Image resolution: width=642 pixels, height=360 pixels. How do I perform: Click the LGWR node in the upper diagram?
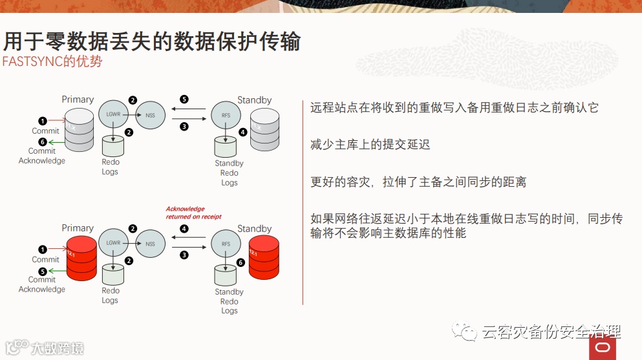click(114, 115)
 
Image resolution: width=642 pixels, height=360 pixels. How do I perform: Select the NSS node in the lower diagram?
click(150, 244)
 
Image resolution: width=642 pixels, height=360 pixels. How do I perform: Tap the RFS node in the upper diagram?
click(226, 116)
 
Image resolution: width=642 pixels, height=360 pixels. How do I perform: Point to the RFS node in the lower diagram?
click(226, 244)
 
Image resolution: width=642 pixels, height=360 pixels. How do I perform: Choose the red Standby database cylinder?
click(264, 257)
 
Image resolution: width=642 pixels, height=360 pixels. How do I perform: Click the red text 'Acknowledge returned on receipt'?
click(193, 213)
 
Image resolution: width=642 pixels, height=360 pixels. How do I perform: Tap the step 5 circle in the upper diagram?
click(184, 100)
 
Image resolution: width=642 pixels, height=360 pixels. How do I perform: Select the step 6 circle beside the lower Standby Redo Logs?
click(241, 262)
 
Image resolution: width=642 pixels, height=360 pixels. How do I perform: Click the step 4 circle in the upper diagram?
click(242, 132)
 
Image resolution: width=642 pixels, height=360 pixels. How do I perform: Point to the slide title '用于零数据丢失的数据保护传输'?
click(152, 42)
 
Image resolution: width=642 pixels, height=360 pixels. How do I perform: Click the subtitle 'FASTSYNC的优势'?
click(52, 62)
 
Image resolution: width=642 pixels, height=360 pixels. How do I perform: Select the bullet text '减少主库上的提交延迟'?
click(370, 145)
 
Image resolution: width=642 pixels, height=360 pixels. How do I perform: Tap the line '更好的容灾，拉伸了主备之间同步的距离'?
click(418, 182)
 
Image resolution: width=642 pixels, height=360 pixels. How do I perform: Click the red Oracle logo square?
click(602, 347)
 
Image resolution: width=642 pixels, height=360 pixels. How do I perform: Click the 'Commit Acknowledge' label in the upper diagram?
click(42, 156)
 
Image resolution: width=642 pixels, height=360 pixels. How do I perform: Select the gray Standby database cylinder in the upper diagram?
click(264, 129)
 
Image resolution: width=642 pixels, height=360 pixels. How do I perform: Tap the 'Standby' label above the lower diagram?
click(254, 228)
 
